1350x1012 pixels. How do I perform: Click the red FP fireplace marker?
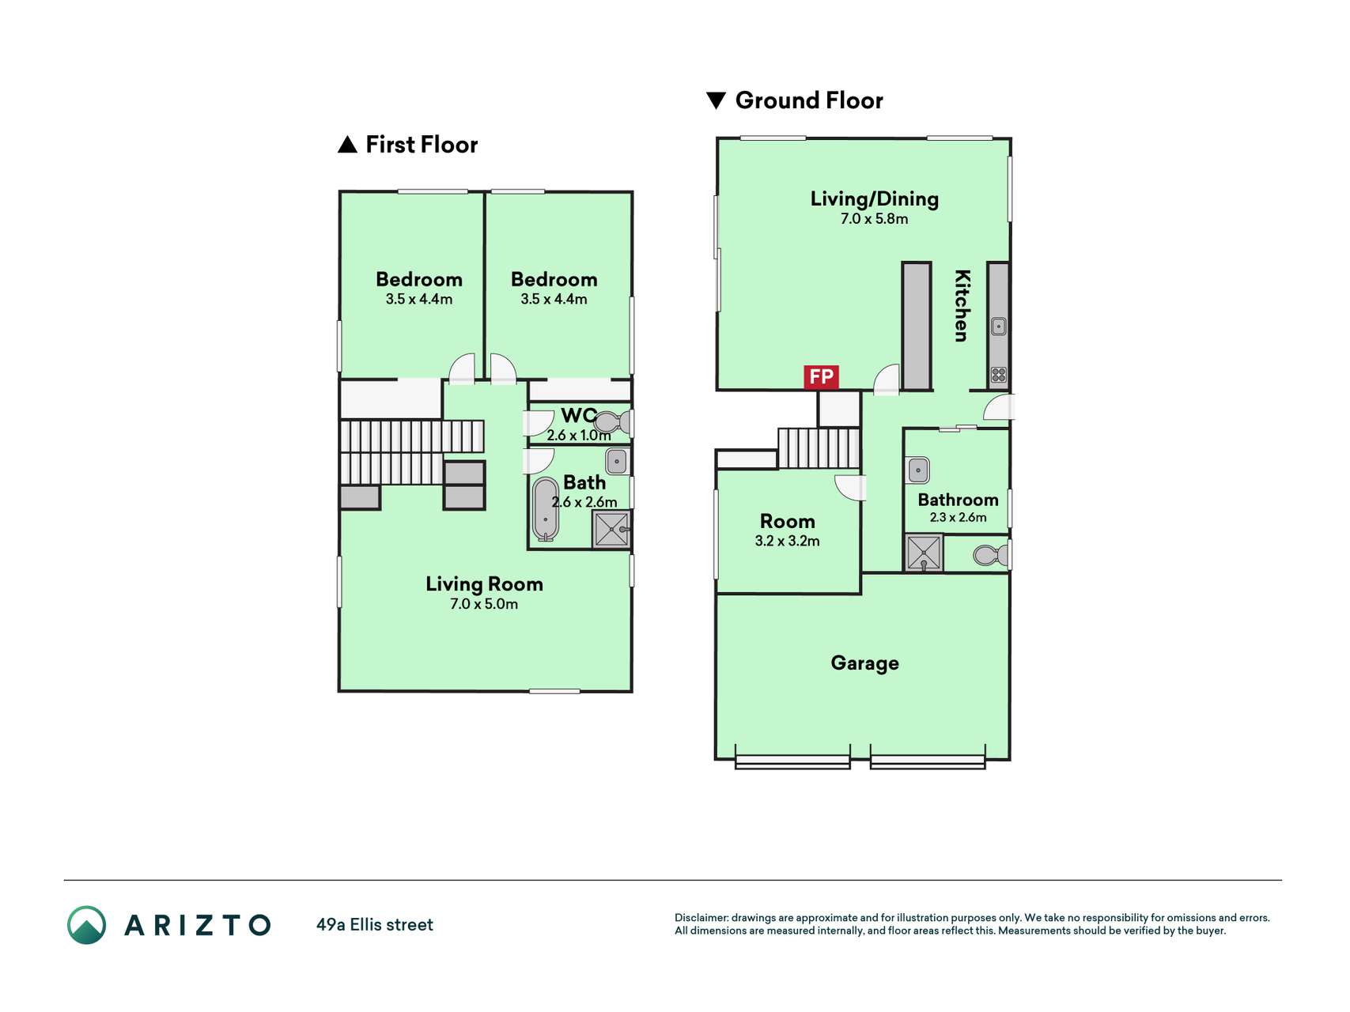(821, 377)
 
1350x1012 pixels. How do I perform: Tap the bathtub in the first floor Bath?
(546, 509)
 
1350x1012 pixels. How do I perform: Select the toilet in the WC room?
(613, 422)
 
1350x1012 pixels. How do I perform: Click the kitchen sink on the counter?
(999, 326)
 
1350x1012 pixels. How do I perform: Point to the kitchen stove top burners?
(999, 375)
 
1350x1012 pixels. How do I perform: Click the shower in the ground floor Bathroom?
(924, 553)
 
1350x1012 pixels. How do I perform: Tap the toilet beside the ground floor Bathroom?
(991, 555)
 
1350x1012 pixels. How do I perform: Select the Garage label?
(864, 663)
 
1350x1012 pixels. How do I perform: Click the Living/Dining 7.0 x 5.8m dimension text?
(874, 219)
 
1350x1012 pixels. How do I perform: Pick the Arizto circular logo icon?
(86, 925)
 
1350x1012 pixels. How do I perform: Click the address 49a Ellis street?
(375, 925)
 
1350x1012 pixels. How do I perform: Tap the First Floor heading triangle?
(347, 145)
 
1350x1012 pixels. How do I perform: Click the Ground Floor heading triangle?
(716, 100)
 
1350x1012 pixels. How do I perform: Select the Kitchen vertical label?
(962, 305)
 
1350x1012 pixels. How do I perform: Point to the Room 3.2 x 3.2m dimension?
(787, 542)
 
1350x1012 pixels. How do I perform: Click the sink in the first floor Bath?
(617, 461)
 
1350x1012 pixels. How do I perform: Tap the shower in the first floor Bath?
(612, 529)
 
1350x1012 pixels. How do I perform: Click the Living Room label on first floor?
(484, 584)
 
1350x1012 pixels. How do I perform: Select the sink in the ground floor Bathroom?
(918, 470)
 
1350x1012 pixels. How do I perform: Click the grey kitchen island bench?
(917, 326)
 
